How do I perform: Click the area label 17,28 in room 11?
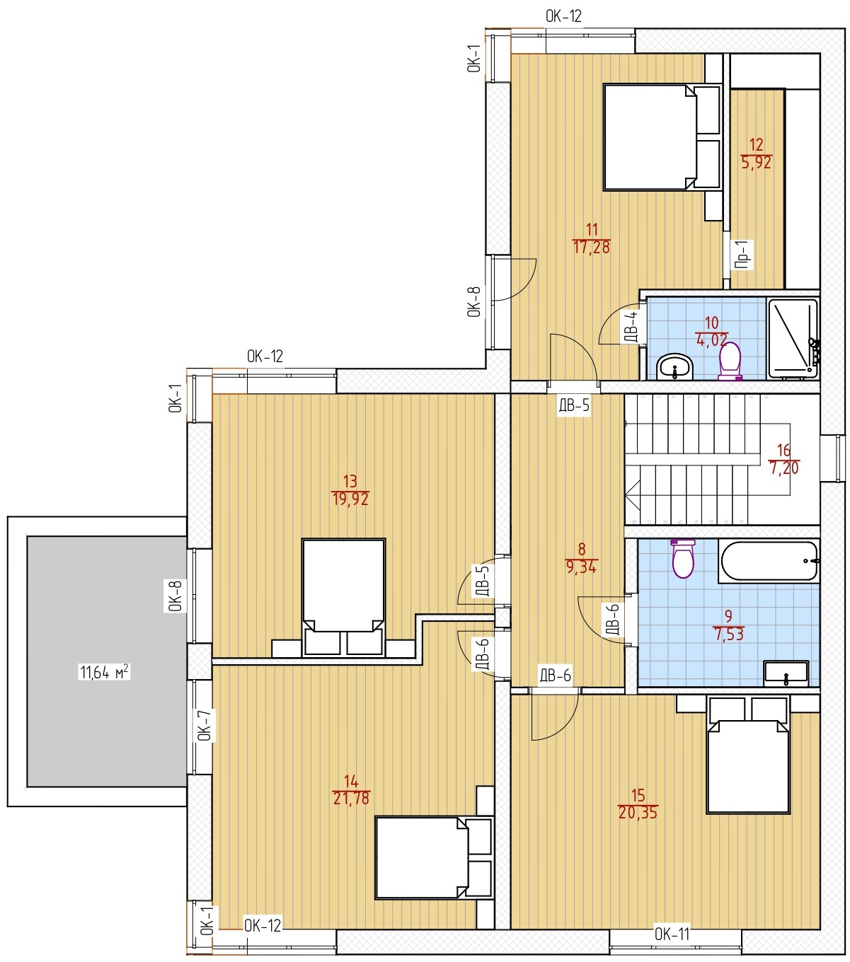tap(591, 247)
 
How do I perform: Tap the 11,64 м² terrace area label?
tap(104, 672)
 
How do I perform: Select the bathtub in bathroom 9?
tap(769, 561)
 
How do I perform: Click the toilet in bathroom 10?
tap(730, 361)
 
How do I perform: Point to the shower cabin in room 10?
tap(793, 338)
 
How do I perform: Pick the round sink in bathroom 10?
tap(674, 367)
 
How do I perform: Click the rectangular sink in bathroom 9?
tap(786, 673)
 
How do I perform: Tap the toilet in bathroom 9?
tap(683, 558)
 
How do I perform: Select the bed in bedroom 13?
tap(343, 597)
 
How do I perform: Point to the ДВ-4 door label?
tap(630, 327)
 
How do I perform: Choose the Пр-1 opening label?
tap(742, 255)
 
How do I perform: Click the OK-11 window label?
tap(672, 934)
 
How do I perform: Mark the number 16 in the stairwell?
tap(783, 450)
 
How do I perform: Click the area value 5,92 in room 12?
tap(756, 163)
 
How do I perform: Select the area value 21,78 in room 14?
tap(351, 798)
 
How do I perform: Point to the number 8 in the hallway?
tap(582, 549)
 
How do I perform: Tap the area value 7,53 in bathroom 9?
tap(729, 634)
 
